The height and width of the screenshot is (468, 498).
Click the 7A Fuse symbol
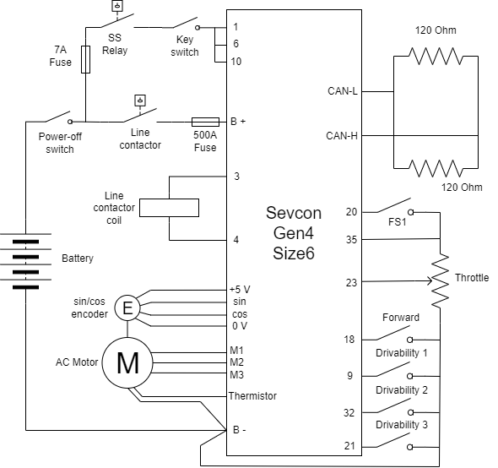pos(85,59)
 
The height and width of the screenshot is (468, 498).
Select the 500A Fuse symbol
pos(205,122)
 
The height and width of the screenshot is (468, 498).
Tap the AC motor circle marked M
pos(127,362)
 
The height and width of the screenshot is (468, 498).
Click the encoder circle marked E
pos(127,307)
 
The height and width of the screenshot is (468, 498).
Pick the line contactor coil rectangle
pos(169,208)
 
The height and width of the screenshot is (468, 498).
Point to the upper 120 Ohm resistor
pos(436,57)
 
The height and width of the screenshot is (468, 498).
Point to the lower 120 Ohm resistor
pos(436,168)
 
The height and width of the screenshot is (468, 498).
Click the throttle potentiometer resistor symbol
pos(440,280)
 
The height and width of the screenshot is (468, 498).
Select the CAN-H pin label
pos(342,136)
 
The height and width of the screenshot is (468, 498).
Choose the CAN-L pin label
pos(343,91)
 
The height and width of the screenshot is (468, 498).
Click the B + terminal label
pos(238,122)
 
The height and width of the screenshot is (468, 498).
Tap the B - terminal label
pos(239,430)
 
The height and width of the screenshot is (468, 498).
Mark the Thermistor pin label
pos(252,396)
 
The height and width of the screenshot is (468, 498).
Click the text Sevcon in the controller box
pos(294,213)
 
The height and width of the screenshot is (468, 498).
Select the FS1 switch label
pos(398,221)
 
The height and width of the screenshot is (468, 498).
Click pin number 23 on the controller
pos(351,283)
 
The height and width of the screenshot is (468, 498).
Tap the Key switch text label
pos(185,46)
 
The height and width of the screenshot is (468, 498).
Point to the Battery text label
pos(78,258)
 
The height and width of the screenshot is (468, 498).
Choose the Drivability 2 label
pos(402,389)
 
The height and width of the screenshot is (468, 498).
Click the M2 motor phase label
pos(236,362)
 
